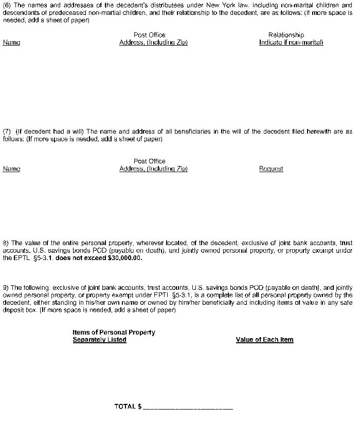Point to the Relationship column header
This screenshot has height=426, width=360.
[286, 35]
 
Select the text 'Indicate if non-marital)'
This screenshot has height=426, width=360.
[291, 42]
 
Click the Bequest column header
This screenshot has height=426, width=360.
[271, 169]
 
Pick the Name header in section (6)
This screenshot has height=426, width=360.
[11, 42]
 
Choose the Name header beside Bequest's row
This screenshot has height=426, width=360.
[11, 169]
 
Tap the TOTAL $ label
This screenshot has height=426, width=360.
[128, 406]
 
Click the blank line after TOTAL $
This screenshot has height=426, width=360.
[188, 407]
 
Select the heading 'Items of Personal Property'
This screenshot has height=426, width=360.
[114, 332]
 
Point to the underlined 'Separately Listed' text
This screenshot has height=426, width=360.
[99, 340]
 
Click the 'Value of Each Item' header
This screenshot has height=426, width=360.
[264, 340]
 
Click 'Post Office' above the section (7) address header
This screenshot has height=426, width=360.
[149, 161]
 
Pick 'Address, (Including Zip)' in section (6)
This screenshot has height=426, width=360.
[153, 42]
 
